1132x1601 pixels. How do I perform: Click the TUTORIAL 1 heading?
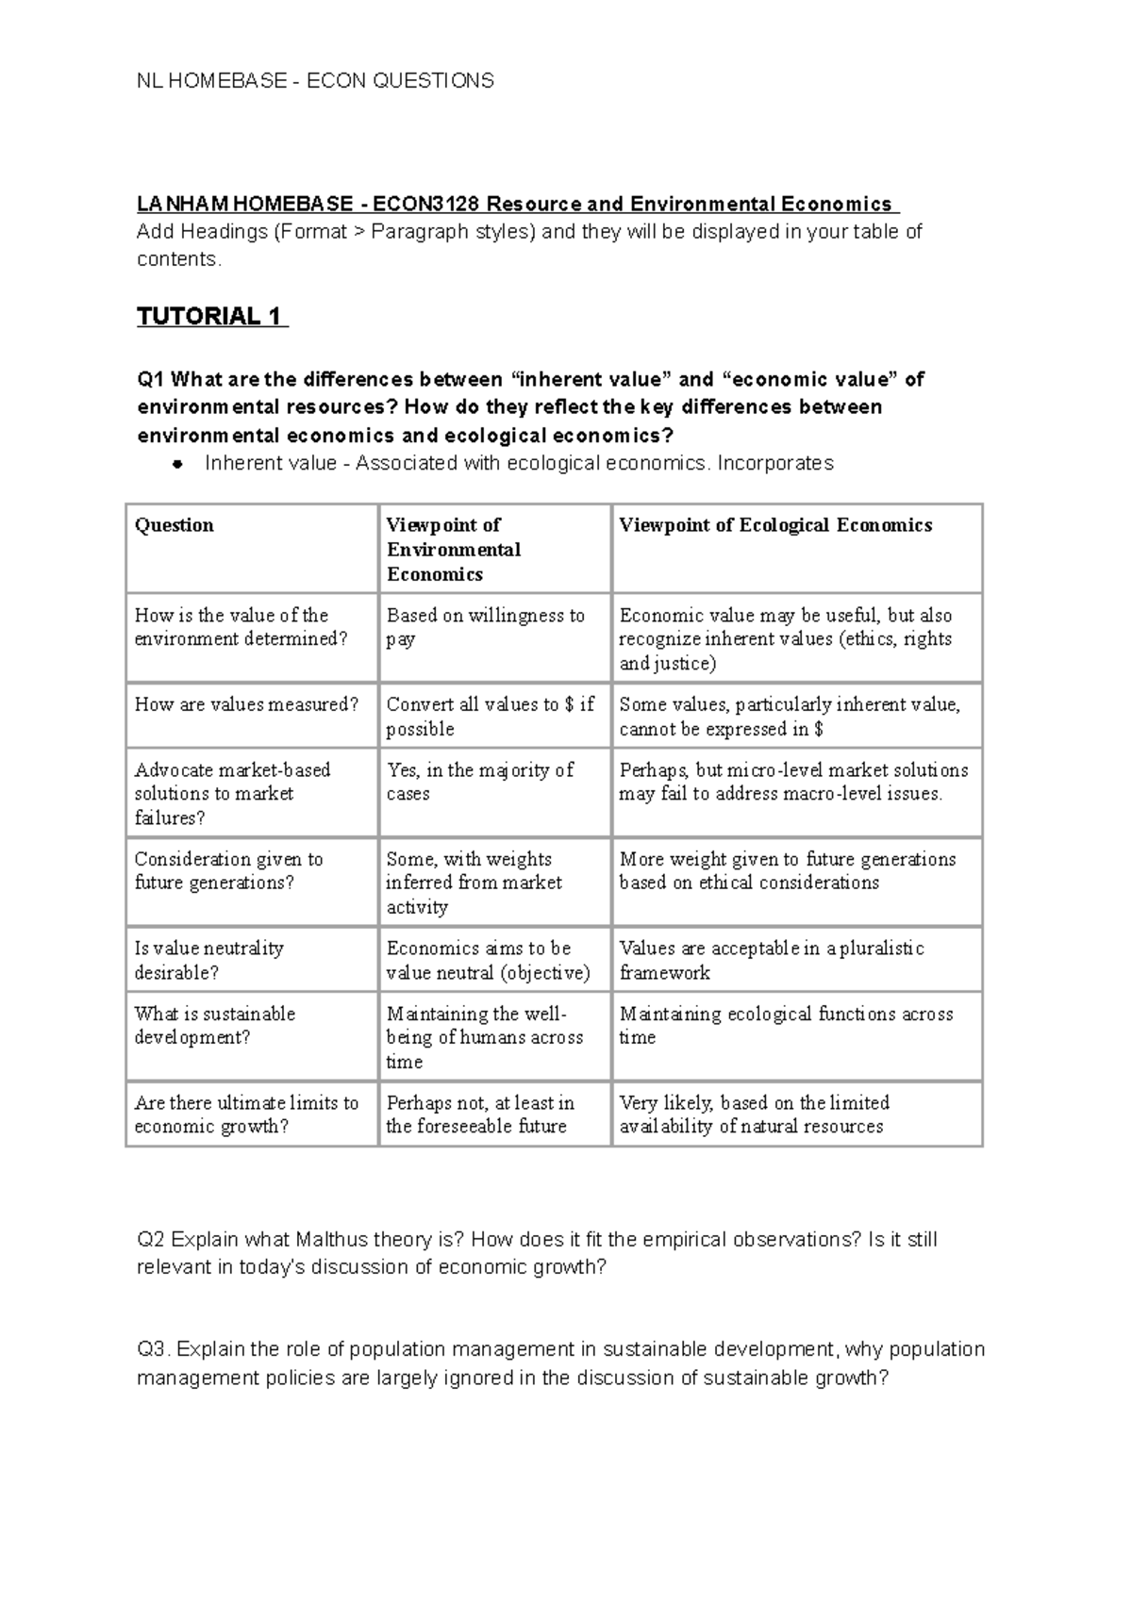(x=211, y=317)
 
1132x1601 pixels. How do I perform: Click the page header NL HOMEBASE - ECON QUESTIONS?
(x=315, y=81)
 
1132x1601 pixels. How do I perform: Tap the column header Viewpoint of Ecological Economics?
(x=775, y=525)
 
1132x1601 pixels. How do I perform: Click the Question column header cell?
(x=175, y=525)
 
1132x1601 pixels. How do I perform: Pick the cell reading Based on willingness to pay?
(x=485, y=627)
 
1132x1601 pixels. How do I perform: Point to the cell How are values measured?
(x=246, y=704)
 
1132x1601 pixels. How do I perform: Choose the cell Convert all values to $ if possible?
(x=490, y=717)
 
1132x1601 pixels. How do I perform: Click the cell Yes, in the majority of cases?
(x=479, y=782)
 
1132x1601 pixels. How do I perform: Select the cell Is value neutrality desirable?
(x=208, y=960)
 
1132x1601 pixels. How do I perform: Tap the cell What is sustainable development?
(x=215, y=1026)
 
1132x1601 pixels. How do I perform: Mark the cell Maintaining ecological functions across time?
(x=786, y=1026)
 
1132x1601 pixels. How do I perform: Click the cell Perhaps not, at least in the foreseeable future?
(x=479, y=1114)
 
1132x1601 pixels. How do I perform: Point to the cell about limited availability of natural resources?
(x=754, y=1114)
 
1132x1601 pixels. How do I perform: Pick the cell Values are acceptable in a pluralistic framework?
(x=771, y=960)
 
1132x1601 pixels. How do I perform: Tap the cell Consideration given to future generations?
(x=228, y=871)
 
